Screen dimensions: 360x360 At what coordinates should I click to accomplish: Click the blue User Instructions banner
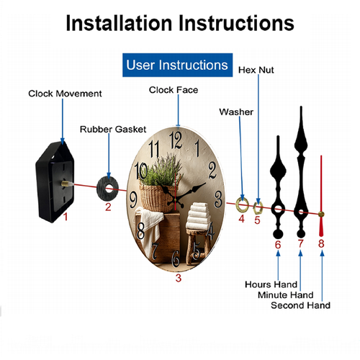[x=177, y=65]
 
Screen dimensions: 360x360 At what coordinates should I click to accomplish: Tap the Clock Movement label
[x=65, y=94]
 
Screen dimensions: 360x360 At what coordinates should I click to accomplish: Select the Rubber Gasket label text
[x=113, y=130]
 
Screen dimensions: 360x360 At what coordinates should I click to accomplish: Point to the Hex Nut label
[x=256, y=70]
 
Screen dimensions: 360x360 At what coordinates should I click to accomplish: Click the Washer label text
[x=236, y=112]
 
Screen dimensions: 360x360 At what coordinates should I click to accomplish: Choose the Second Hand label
[x=300, y=305]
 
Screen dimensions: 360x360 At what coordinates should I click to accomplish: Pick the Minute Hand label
[x=286, y=294]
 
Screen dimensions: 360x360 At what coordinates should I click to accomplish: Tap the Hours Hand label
[x=271, y=284]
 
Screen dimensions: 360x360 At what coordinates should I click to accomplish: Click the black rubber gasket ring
[x=102, y=189]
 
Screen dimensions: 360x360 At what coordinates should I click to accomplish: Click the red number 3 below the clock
[x=178, y=278]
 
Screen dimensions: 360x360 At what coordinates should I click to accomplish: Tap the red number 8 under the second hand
[x=321, y=243]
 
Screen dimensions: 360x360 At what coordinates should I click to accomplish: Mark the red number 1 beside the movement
[x=66, y=217]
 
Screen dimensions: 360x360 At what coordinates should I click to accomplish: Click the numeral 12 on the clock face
[x=176, y=140]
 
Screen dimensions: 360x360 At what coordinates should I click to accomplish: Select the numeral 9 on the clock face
[x=133, y=199]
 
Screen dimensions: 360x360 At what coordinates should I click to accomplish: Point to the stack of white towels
[x=198, y=217]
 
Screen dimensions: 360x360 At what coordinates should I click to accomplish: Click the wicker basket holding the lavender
[x=158, y=199]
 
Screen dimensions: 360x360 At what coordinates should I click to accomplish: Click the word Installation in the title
[x=119, y=23]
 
